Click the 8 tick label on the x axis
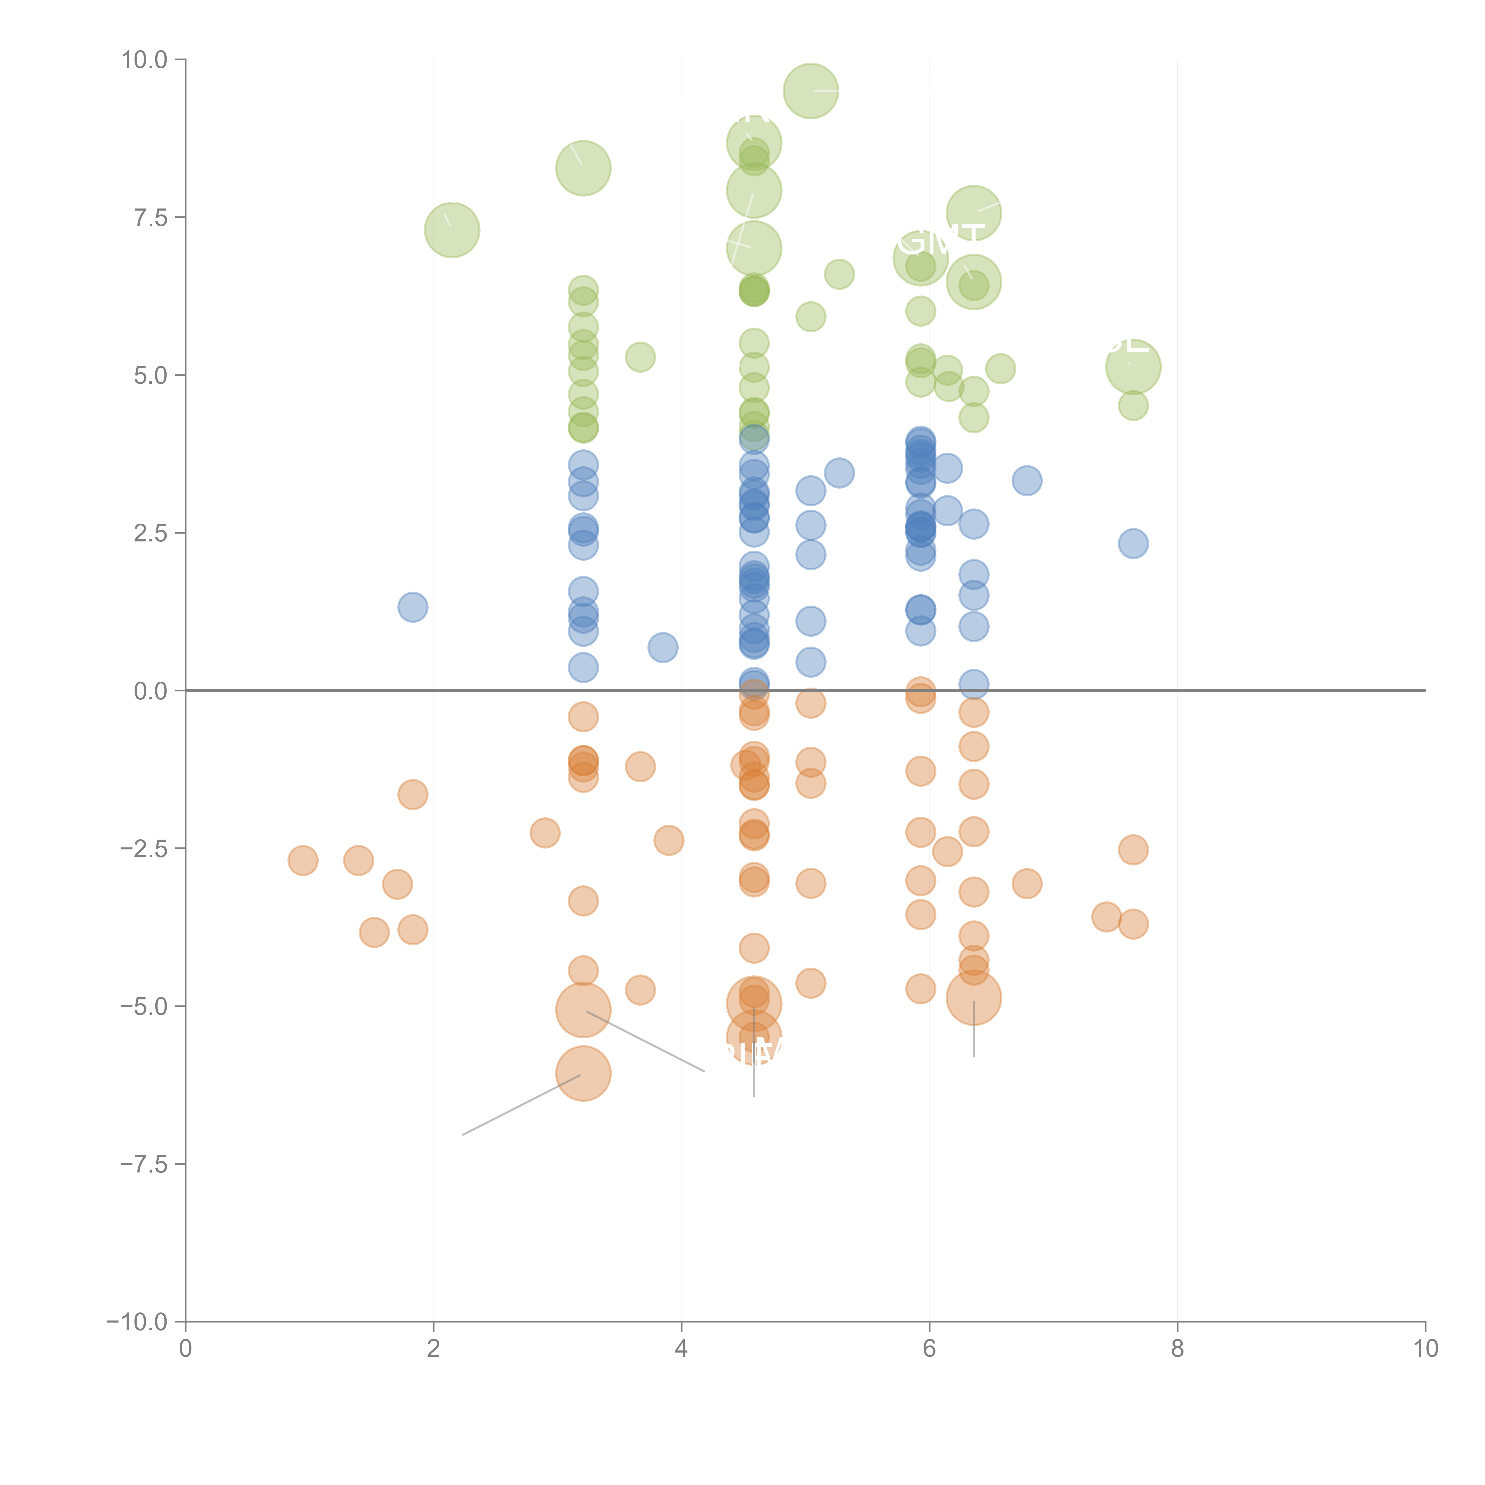tap(1178, 1349)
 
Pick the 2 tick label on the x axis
tap(434, 1349)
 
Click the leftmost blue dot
tap(413, 607)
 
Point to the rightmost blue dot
tap(1133, 544)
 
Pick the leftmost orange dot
tap(303, 860)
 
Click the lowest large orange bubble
tap(583, 1073)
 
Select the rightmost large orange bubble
tap(974, 998)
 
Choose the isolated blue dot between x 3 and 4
tap(663, 648)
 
